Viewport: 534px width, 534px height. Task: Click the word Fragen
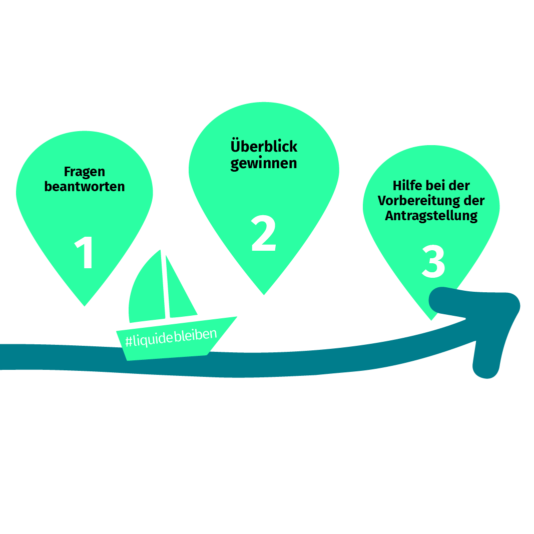84,172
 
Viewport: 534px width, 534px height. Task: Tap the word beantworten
84,187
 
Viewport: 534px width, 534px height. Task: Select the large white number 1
85,253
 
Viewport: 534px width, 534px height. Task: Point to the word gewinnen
264,163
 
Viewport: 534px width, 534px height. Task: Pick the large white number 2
263,234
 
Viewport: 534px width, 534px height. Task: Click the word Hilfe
407,186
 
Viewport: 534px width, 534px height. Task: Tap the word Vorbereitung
420,201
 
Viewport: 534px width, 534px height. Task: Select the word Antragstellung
431,216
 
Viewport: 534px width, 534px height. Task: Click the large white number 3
433,262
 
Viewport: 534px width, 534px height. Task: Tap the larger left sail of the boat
148,293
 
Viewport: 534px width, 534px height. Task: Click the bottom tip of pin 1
85,305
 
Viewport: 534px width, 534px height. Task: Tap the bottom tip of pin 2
264,293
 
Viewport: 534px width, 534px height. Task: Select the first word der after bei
460,186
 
